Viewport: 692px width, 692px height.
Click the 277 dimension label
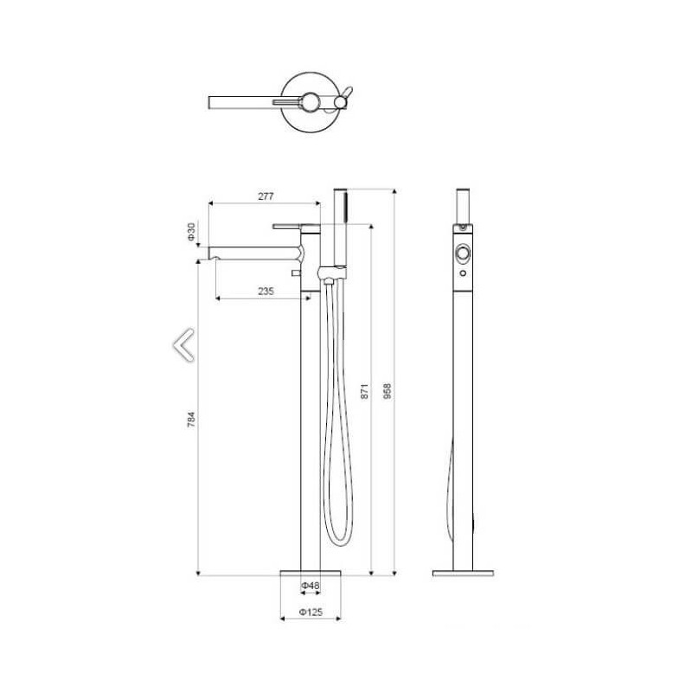pyautogui.click(x=266, y=196)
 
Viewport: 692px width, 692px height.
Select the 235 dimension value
pyautogui.click(x=266, y=292)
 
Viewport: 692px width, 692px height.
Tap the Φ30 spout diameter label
pyautogui.click(x=191, y=232)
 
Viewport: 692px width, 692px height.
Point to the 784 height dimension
pyautogui.click(x=191, y=420)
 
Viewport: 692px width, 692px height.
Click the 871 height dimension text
pyautogui.click(x=364, y=392)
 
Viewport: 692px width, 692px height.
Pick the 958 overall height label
pyautogui.click(x=387, y=392)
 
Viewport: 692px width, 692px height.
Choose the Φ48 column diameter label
pyautogui.click(x=311, y=586)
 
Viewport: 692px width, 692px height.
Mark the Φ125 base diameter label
pyautogui.click(x=311, y=612)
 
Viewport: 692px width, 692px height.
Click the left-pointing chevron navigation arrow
pyautogui.click(x=183, y=345)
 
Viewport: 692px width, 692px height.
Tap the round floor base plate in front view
pyautogui.click(x=311, y=573)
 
